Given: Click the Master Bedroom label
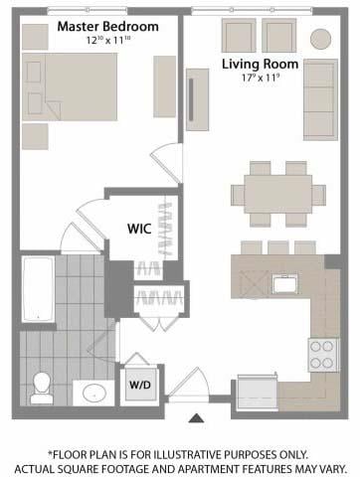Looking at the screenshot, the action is pos(107,27).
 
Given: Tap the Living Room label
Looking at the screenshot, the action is pos(260,64).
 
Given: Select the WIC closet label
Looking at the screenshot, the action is pos(139,229).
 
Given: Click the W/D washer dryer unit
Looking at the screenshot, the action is pos(140,385).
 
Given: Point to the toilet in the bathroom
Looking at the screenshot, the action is pos(42,388).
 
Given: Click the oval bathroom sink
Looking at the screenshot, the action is pos(94,394).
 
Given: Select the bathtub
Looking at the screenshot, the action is pos(38,289).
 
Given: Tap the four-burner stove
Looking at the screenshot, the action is pos(323,355).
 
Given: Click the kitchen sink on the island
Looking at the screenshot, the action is pos(285,284).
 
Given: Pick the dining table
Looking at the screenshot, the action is pos(278,195).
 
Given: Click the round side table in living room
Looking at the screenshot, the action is pos(320,39).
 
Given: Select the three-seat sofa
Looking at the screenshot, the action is pos(320,99).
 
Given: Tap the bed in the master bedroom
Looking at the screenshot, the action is pos(70,86).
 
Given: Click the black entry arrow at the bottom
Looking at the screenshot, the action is pos(196,418).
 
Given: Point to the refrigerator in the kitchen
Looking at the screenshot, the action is pos(258,393).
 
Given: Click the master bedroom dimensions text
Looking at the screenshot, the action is pos(107,40).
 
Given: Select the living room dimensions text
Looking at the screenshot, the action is pos(261,78).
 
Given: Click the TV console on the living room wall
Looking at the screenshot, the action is pos(198,99).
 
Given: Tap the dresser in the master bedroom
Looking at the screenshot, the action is pos(164,86).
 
